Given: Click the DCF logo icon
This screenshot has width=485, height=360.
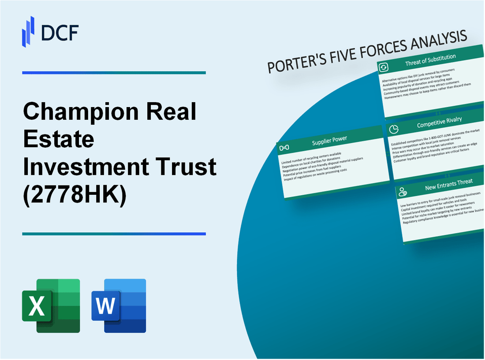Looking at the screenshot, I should click(x=28, y=31).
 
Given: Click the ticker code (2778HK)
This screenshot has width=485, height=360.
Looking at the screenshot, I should click(x=75, y=195).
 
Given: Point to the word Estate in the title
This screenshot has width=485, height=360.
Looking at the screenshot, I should click(x=59, y=140).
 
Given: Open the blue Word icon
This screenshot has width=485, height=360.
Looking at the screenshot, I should click(x=119, y=305).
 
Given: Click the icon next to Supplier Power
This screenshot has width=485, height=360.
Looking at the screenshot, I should click(x=284, y=147).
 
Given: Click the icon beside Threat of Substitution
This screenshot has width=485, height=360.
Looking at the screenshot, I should click(x=384, y=67).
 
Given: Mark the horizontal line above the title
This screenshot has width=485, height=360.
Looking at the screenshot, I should click(x=114, y=73).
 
